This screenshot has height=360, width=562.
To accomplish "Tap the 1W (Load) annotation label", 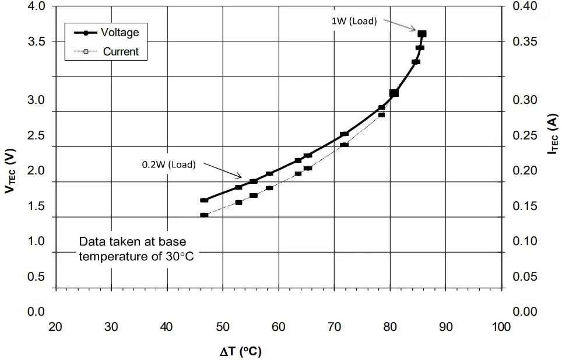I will pyautogui.click(x=354, y=21).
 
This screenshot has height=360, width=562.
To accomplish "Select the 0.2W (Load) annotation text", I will pyautogui.click(x=168, y=164).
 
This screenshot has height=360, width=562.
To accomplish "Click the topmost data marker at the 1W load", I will pyautogui.click(x=422, y=34).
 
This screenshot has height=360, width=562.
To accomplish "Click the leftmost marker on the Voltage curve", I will pyautogui.click(x=204, y=200).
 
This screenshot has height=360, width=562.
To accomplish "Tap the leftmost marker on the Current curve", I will pyautogui.click(x=204, y=215).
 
